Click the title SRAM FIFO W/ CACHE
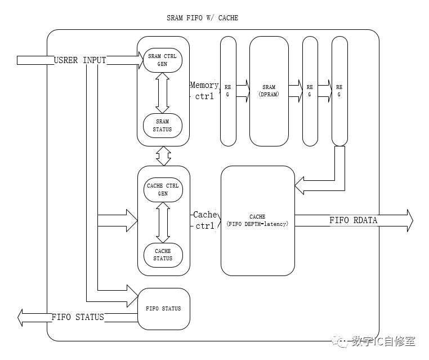pyautogui.click(x=202, y=18)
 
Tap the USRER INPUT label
pyautogui.click(x=79, y=60)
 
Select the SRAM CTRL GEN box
pyautogui.click(x=163, y=60)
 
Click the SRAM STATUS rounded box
pyautogui.click(x=163, y=125)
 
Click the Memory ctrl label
pyautogui.click(x=204, y=90)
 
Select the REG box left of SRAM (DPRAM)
pyautogui.click(x=228, y=91)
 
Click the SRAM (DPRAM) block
pyautogui.click(x=269, y=91)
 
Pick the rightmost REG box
pyautogui.click(x=339, y=91)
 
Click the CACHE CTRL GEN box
pyautogui.click(x=163, y=190)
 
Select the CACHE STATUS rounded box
pyautogui.click(x=163, y=255)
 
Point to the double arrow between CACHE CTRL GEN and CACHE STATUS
pyautogui.click(x=163, y=222)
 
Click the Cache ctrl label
pyautogui.click(x=204, y=220)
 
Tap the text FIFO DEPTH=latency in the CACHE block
pyautogui.click(x=257, y=224)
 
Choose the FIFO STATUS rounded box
pyautogui.click(x=163, y=309)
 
